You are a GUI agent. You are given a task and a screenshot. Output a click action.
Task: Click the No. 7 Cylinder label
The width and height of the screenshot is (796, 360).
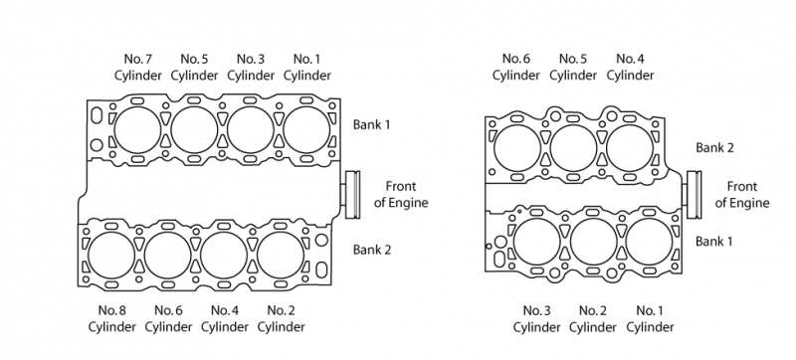coord(137,67)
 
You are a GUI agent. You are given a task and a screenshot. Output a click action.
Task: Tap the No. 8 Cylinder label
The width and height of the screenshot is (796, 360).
coord(111,318)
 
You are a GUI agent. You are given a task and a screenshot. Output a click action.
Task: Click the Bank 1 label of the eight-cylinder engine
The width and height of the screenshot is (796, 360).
coord(371,124)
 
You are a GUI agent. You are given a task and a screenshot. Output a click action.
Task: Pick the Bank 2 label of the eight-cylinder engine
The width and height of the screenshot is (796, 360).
coord(372,250)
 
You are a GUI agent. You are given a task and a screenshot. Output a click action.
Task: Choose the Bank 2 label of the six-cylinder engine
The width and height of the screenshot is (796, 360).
coord(714,147)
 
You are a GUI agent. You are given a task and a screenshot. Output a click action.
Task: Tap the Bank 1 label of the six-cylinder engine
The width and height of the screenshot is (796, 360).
coord(713,241)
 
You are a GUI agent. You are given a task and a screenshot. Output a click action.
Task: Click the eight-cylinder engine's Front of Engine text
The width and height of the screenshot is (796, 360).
coord(401,194)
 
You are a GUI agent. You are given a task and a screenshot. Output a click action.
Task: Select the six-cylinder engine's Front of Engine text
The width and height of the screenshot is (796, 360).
coord(742,194)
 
